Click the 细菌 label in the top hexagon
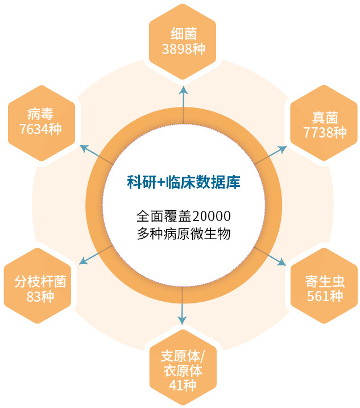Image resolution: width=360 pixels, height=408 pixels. coord(184,34)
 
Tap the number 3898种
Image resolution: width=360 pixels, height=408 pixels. coord(184,49)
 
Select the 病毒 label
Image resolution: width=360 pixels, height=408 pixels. coord(40,114)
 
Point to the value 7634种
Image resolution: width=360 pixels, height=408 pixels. coord(40,129)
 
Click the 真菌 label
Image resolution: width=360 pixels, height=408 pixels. coord(325,118)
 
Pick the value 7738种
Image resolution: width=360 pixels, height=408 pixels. coord(325,132)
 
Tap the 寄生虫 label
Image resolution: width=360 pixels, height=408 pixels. coord(325,281)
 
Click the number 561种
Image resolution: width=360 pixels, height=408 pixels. coord(325,296)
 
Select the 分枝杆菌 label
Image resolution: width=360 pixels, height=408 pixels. coord(40,281)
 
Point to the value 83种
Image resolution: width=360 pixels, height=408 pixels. coord(40,296)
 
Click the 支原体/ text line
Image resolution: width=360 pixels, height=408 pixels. coord(183,356)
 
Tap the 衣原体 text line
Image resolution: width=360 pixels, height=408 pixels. coord(183,370)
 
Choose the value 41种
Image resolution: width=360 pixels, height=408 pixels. coord(183,385)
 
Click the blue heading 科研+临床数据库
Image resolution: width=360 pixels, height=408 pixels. coord(184,182)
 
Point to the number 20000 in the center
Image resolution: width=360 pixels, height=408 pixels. coord(212,217)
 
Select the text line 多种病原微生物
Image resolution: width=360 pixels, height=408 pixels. coord(184,234)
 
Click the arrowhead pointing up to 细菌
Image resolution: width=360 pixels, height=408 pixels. coord(183,90)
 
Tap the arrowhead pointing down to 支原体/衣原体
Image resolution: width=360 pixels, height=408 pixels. coord(182,320)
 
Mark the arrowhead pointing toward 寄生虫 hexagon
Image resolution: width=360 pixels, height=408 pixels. coord(282,262)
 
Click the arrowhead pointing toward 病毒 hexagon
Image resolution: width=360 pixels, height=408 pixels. coord(84,148)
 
